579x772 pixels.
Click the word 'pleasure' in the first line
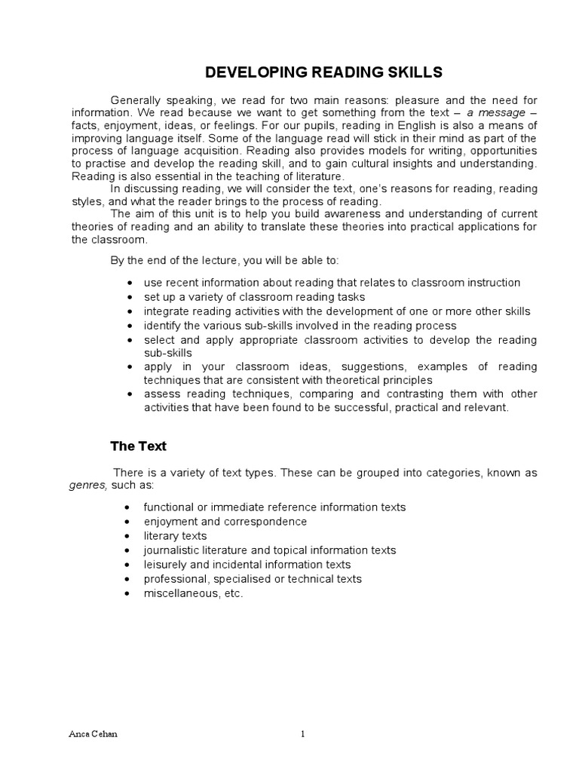pos(405,100)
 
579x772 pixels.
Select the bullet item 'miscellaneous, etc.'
pos(194,593)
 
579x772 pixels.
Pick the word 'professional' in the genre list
pos(174,579)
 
